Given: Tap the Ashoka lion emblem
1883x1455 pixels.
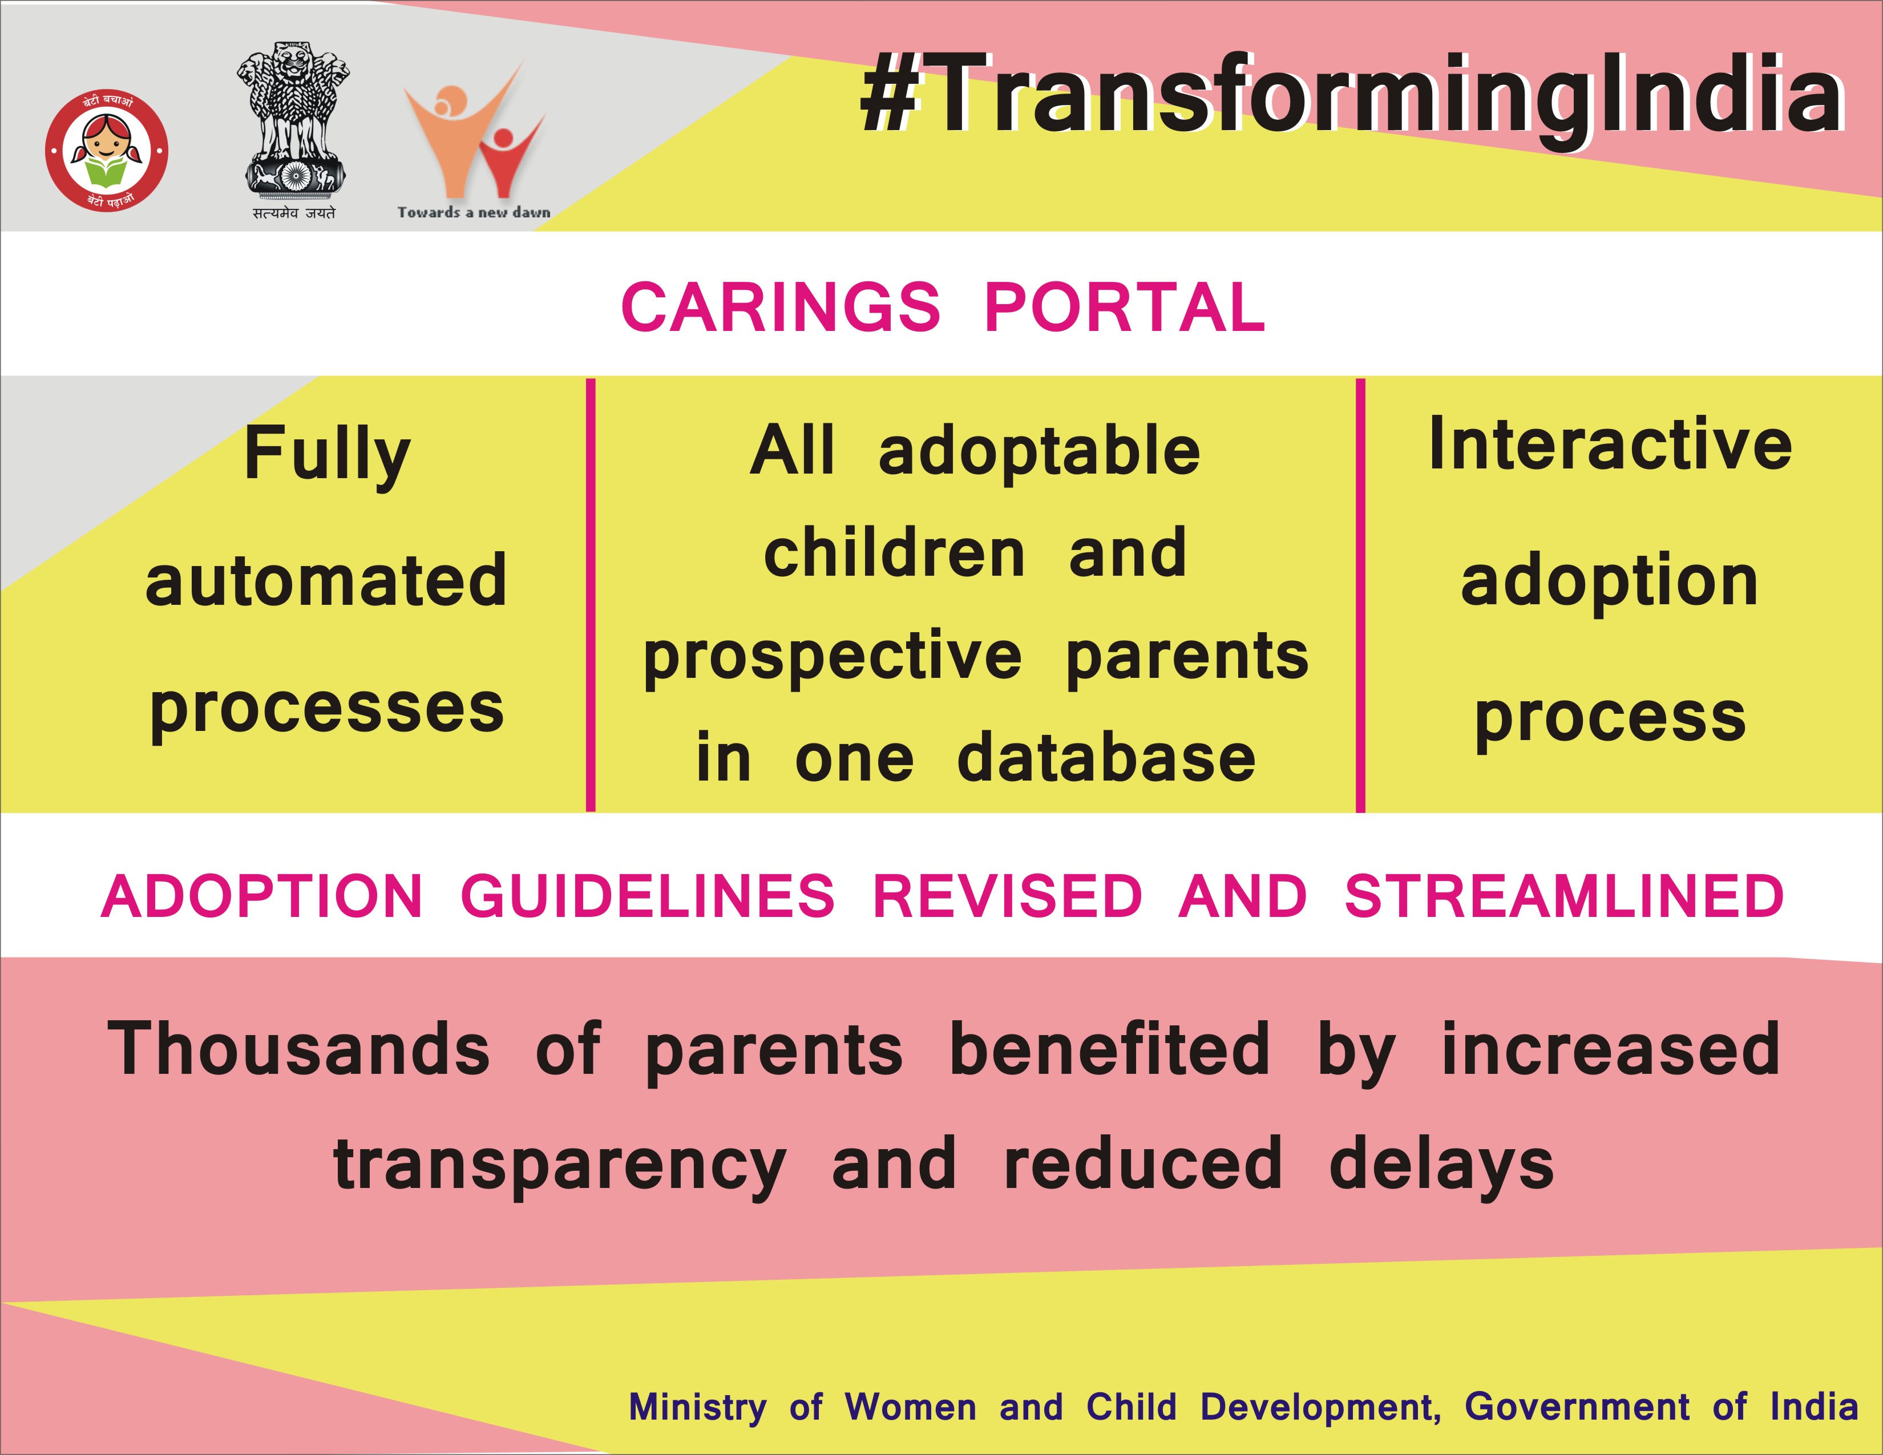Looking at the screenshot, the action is (294, 120).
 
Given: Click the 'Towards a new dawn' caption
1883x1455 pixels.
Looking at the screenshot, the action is (474, 212).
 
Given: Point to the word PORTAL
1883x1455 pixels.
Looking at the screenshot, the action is (1125, 308).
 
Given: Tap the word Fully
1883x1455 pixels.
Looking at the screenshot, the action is (327, 456).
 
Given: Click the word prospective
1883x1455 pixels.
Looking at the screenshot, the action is (833, 658).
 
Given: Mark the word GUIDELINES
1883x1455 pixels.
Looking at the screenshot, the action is (648, 896).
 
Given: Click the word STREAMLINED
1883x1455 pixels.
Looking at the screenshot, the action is (1564, 896).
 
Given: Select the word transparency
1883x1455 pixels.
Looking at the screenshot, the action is (560, 1165).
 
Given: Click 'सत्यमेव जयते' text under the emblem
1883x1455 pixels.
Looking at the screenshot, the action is (294, 213).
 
